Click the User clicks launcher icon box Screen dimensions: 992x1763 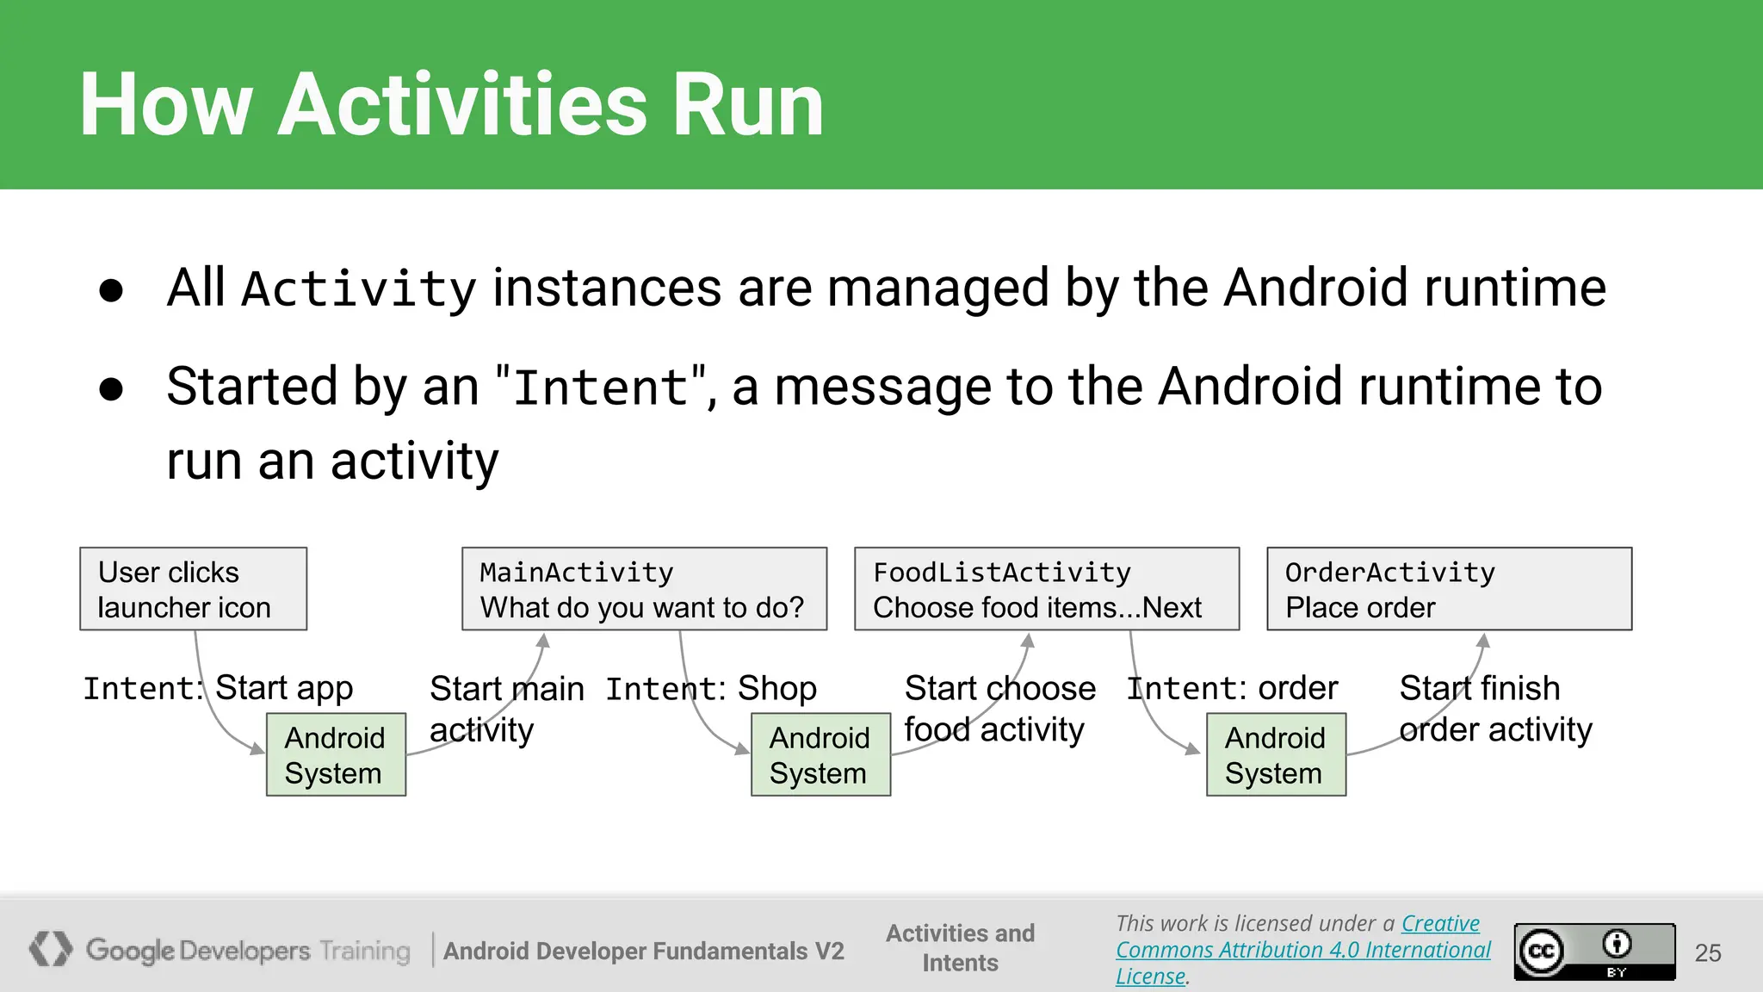click(193, 589)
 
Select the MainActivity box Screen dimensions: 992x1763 click(644, 589)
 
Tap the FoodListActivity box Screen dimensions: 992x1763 click(1046, 589)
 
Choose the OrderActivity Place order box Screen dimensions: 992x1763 click(1449, 589)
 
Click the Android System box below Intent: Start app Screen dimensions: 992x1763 click(336, 754)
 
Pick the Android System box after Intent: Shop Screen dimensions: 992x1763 click(820, 754)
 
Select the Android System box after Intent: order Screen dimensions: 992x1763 click(1276, 754)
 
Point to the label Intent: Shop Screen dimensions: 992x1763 click(711, 689)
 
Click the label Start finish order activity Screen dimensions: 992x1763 click(1495, 709)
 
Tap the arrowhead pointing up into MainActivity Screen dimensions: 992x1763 click(543, 641)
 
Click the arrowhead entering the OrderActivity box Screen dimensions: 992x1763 click(1483, 641)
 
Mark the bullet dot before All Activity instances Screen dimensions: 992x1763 click(111, 290)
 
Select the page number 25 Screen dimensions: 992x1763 click(1708, 952)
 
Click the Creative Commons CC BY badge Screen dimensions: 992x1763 click(1594, 952)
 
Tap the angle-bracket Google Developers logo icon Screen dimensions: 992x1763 click(51, 949)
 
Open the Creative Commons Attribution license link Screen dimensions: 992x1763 click(1302, 950)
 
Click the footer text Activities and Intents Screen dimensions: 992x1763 click(960, 947)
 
